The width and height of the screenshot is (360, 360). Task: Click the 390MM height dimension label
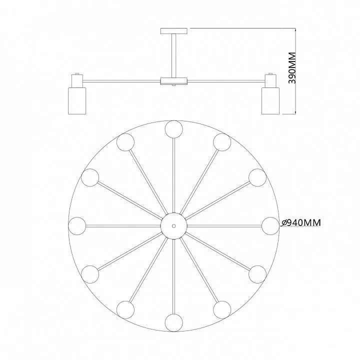point(292,68)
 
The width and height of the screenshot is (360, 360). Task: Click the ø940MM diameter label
point(301,222)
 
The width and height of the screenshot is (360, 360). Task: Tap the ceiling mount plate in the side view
point(174,31)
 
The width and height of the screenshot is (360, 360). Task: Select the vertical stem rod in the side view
point(174,56)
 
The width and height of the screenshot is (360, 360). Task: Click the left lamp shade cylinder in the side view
point(77,100)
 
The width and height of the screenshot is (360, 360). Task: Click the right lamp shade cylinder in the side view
point(270,100)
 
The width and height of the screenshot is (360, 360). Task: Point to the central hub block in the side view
point(174,81)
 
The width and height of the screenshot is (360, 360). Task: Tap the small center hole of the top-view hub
point(174,226)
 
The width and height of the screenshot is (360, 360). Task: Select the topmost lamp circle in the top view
point(174,129)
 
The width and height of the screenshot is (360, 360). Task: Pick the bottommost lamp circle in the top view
point(174,323)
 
